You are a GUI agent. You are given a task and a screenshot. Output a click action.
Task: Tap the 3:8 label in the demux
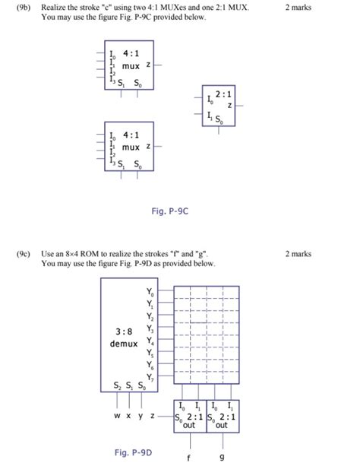click(x=123, y=332)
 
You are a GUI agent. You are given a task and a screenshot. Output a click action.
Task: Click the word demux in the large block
click(x=123, y=344)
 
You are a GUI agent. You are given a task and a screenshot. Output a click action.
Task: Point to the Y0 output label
click(x=149, y=291)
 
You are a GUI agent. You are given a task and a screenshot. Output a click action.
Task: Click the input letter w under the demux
click(x=118, y=416)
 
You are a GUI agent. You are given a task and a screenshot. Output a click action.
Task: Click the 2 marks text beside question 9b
click(x=298, y=7)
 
